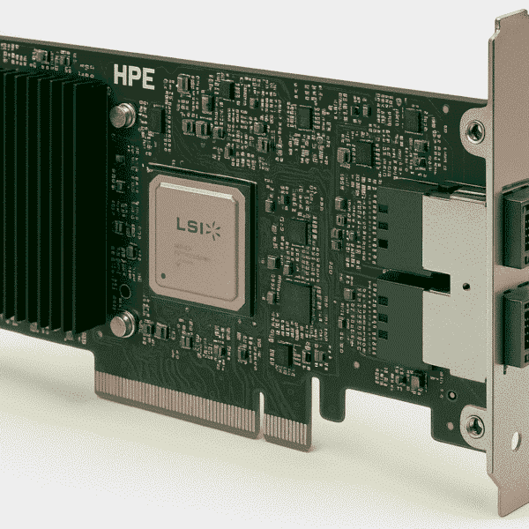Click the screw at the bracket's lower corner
474,426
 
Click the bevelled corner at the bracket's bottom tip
507,507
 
